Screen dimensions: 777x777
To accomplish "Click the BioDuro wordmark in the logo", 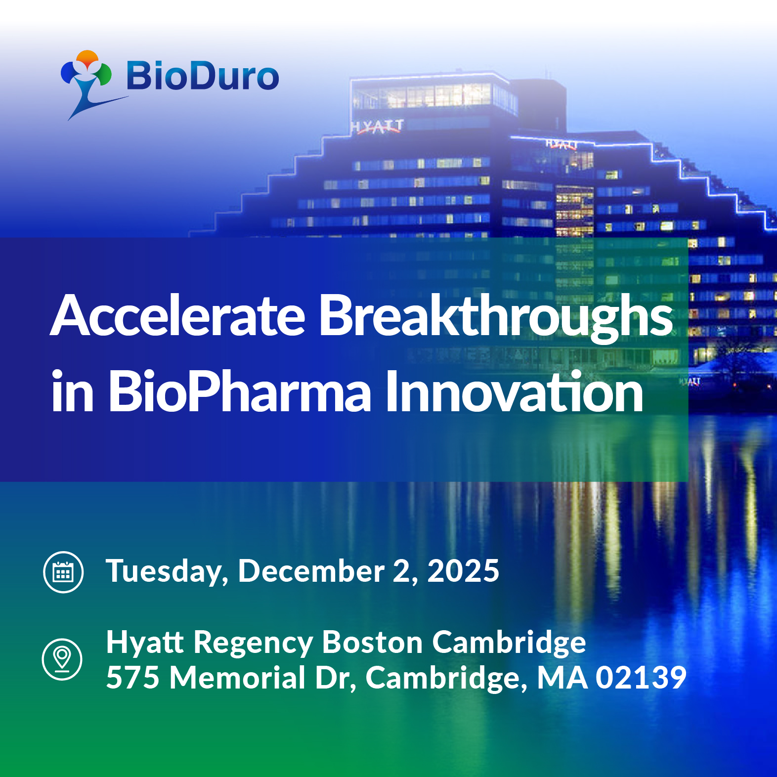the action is [x=203, y=77].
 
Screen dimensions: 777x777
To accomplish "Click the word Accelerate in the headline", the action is [x=178, y=315].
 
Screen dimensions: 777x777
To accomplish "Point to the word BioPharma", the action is [x=239, y=391].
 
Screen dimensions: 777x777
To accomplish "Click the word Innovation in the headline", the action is [x=514, y=391].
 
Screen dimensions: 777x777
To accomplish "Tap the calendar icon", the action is [x=63, y=572].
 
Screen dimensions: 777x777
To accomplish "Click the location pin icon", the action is [x=62, y=659].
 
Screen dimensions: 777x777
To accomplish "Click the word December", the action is [x=311, y=571].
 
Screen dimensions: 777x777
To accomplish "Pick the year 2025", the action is [x=463, y=571].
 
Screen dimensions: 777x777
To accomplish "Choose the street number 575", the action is [x=132, y=678].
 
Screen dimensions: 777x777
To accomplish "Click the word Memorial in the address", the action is [x=238, y=677].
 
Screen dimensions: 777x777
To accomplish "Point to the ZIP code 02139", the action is [x=641, y=678].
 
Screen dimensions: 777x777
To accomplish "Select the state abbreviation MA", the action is [x=562, y=678].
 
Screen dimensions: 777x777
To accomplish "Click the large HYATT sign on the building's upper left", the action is [x=377, y=127].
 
